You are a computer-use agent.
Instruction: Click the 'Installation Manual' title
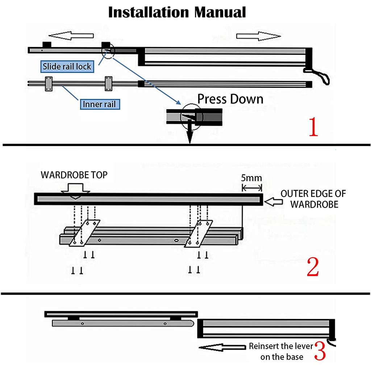tap(177, 12)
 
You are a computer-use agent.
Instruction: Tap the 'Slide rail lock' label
tap(67, 67)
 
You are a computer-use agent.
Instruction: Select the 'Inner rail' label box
tap(100, 104)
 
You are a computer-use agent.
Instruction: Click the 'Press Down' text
tap(230, 99)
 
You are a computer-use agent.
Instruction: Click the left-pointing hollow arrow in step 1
tap(71, 36)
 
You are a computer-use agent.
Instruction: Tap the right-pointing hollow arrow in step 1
tap(258, 36)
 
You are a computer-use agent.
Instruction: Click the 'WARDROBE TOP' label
tap(74, 175)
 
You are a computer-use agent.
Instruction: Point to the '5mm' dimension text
tap(251, 178)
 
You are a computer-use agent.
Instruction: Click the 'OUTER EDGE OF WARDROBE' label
tap(313, 199)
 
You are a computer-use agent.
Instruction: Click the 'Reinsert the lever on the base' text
tap(281, 351)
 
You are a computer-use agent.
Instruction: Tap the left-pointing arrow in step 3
tap(222, 347)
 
